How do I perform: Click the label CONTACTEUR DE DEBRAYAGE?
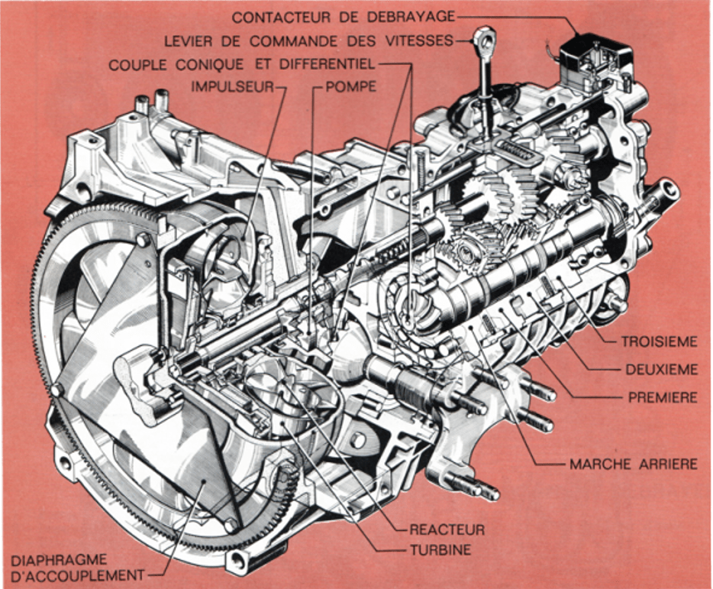click(343, 16)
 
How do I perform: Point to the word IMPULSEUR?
click(232, 86)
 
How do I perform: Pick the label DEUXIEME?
click(661, 370)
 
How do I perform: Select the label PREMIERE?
click(662, 397)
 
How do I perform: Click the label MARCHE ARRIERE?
click(633, 464)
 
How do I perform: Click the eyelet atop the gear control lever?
click(486, 38)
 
